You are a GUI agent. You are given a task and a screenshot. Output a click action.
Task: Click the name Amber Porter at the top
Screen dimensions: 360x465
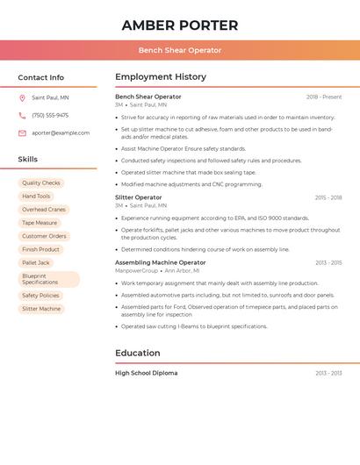[180, 25]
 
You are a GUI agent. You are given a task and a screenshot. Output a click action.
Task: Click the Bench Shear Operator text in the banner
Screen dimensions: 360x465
[180, 50]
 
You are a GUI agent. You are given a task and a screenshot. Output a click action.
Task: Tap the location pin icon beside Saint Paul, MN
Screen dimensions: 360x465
[22, 97]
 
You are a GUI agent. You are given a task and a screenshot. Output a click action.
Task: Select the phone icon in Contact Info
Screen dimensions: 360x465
[22, 115]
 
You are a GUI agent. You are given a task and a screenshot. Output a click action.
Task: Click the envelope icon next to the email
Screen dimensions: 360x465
[22, 132]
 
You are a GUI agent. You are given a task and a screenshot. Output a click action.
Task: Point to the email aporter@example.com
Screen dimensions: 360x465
[61, 132]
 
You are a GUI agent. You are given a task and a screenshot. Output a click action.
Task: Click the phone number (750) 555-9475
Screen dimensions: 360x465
[50, 115]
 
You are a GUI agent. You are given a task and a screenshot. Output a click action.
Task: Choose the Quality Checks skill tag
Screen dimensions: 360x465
[41, 183]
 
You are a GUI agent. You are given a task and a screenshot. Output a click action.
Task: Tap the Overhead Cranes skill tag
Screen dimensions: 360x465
[44, 210]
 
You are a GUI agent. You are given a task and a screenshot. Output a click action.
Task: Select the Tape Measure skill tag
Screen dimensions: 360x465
[40, 223]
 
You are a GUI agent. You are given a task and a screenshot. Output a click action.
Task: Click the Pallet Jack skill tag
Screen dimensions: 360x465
[36, 262]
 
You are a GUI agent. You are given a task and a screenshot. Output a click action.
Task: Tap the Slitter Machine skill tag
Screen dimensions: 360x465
[41, 309]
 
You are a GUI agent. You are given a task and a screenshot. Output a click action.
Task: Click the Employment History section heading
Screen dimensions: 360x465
[161, 77]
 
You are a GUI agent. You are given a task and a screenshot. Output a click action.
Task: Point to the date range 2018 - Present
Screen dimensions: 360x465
[324, 97]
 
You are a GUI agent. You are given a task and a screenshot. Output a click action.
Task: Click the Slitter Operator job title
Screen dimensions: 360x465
[139, 197]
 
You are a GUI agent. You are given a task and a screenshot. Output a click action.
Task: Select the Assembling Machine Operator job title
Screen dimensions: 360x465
[161, 262]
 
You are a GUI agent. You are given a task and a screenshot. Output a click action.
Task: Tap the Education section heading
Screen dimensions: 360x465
[138, 353]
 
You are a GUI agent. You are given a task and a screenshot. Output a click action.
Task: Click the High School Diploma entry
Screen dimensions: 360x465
[147, 373]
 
